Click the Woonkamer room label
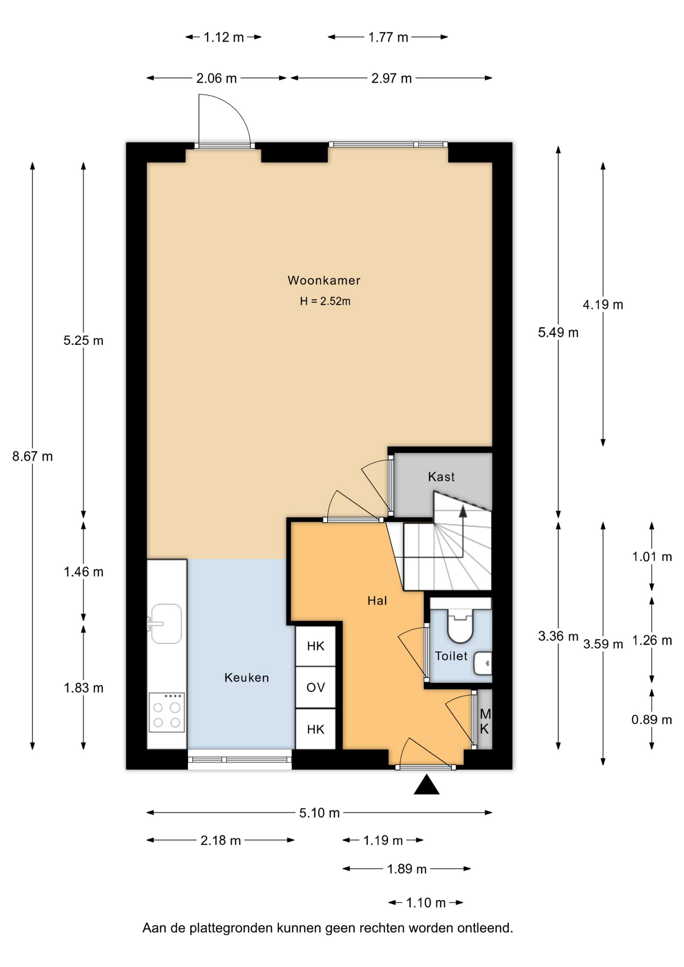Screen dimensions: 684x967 324,281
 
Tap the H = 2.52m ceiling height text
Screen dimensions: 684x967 325,301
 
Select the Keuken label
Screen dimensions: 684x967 246,678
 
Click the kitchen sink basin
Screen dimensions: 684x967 166,624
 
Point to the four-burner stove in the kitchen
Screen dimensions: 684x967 167,712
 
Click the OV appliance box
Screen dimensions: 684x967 315,687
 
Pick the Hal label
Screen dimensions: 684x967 377,601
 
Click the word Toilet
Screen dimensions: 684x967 451,656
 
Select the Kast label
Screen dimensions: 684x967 441,477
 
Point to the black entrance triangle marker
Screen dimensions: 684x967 426,785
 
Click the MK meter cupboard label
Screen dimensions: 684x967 485,721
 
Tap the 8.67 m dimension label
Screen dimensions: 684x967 32,456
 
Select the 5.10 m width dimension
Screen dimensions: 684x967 319,813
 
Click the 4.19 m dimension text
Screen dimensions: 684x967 603,305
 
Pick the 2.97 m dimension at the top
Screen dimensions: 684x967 391,79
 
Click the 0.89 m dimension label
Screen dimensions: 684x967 652,720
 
